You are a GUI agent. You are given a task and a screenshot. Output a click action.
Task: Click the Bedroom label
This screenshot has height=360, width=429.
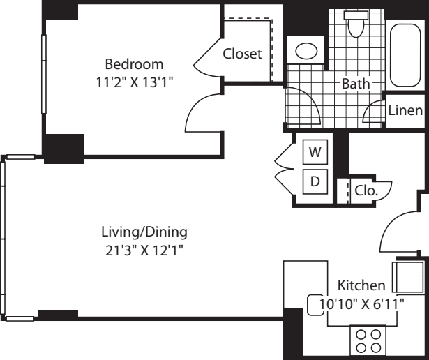pos(134,64)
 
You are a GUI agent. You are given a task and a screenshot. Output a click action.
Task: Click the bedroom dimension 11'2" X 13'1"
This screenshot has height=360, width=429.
pos(135,82)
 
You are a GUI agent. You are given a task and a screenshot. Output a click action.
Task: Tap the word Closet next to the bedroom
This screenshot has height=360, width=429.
pos(243,54)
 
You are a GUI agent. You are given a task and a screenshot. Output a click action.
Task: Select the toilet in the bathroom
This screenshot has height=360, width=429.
pos(356,24)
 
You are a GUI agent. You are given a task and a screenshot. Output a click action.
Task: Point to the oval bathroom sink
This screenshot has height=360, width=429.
pos(306,51)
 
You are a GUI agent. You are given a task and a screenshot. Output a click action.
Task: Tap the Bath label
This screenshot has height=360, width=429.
pos(356,84)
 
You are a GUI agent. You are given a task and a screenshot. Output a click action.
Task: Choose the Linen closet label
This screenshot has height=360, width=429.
pos(405,110)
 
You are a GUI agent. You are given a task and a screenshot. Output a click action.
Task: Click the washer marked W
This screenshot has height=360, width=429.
pos(315,152)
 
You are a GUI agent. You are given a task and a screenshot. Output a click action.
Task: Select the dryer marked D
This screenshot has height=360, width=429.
pos(315,181)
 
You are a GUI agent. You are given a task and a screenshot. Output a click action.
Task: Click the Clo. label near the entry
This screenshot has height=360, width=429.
pos(366,190)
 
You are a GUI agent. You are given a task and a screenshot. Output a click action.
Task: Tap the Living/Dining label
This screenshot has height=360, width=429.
pos(144,232)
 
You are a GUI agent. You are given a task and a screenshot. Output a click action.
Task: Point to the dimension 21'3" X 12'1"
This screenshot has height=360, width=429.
pos(144,250)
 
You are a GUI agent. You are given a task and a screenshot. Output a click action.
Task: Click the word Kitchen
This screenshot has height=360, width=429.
pos(361,285)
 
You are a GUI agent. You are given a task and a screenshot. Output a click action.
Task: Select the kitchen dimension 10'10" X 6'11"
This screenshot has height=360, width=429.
pos(362,303)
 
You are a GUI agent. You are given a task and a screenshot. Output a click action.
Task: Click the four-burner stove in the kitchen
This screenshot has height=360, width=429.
pos(368,341)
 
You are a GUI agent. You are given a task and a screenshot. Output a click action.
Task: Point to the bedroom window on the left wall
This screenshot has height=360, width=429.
pos(43,74)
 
